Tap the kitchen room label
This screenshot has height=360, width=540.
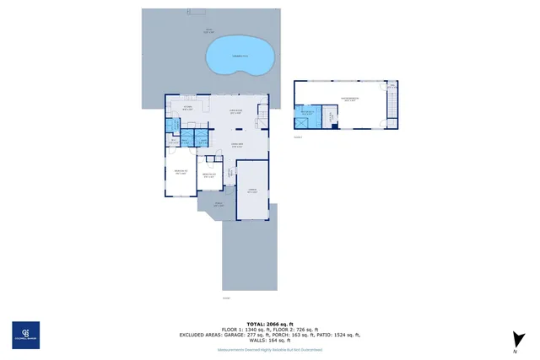(189, 109)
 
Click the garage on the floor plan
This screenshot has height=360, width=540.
(252, 191)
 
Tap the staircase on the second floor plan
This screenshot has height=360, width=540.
(389, 105)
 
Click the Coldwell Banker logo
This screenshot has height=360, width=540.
(24, 335)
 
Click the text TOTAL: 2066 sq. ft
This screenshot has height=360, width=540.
(269, 324)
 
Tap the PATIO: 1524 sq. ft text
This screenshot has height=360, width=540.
(337, 335)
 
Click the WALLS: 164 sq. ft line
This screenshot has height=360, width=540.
(269, 340)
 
